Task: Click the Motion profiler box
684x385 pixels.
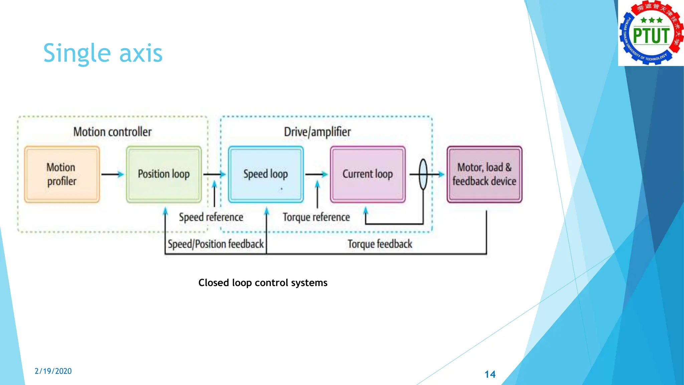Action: (62, 174)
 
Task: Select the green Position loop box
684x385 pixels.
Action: (164, 174)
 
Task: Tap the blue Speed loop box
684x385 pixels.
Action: (266, 174)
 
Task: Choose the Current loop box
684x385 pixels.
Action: (368, 174)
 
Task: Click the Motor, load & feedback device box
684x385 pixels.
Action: (484, 174)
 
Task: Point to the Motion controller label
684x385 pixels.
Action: (113, 132)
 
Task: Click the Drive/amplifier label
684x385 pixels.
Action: (317, 132)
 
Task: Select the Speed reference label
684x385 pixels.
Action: (211, 217)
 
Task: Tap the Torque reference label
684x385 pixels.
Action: (316, 217)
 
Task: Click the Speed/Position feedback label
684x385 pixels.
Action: (216, 244)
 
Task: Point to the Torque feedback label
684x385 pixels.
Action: (380, 244)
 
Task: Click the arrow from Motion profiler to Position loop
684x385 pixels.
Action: (113, 174)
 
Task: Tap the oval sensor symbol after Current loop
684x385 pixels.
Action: (423, 174)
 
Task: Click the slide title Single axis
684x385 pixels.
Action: (103, 53)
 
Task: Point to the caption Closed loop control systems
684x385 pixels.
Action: (263, 283)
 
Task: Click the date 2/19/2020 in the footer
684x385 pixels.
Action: (53, 371)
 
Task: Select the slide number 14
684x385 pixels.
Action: (490, 374)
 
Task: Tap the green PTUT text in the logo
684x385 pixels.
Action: (651, 36)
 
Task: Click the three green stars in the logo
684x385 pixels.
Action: (651, 20)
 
